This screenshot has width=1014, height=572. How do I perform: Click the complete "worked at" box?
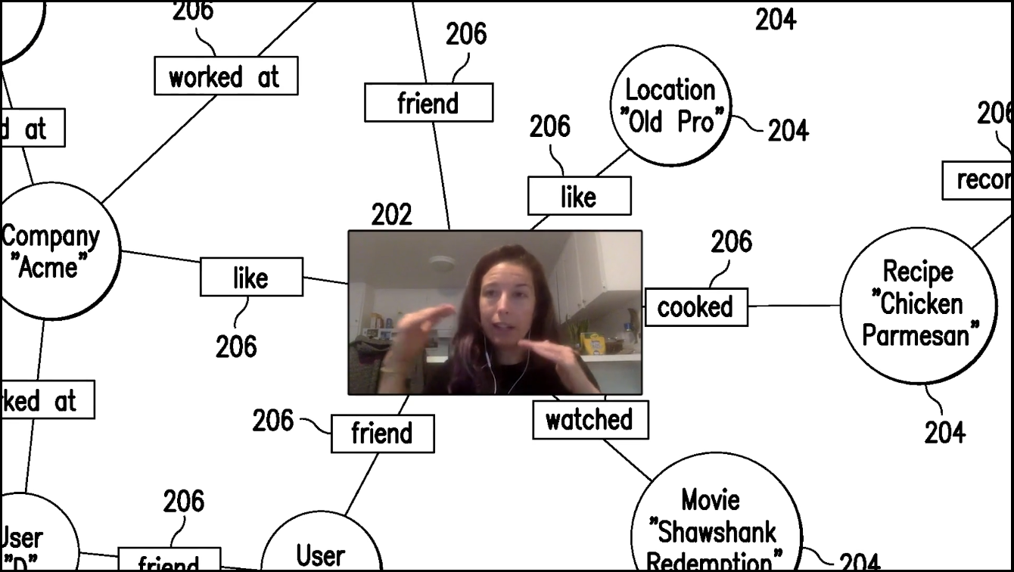coord(226,76)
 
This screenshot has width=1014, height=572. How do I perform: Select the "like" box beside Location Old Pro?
coord(579,197)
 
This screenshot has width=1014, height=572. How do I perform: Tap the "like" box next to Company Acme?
coord(251,277)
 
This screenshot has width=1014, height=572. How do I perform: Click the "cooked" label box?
coord(695,307)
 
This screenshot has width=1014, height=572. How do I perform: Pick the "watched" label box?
coord(590,420)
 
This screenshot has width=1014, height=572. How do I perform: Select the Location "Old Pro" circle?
coord(670,106)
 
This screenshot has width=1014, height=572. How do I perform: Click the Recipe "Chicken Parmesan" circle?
coord(919,305)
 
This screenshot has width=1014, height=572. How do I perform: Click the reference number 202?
coord(392,216)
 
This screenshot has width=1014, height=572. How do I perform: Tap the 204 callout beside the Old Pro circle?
coord(788,131)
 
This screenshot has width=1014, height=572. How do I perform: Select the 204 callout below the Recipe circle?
coord(945,432)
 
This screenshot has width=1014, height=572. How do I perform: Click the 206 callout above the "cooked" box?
coord(731,242)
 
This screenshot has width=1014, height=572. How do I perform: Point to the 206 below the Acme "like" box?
coord(236,347)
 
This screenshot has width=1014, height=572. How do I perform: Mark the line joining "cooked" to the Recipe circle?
coord(795,306)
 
